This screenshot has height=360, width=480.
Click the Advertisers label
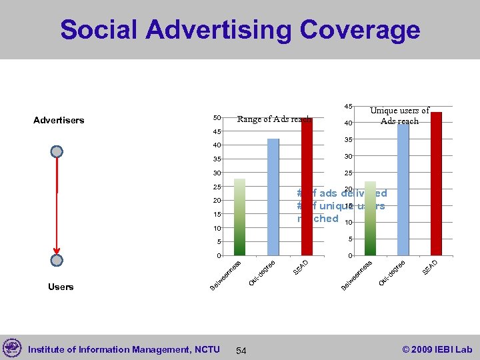[x=59, y=121]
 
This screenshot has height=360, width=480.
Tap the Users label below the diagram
[x=61, y=287]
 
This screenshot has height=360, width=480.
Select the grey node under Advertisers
[x=57, y=151]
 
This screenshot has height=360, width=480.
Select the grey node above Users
[x=57, y=260]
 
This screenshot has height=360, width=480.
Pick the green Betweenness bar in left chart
[x=239, y=217]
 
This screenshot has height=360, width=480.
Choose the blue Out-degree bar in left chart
[x=273, y=197]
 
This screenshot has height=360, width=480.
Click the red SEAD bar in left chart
[x=306, y=187]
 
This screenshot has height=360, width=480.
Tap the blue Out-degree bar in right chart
[x=403, y=189]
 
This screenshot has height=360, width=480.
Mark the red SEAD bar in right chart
[x=436, y=184]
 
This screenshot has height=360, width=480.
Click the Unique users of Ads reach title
[x=399, y=116]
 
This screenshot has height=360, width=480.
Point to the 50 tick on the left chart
[x=217, y=118]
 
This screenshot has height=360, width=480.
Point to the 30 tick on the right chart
[x=348, y=156]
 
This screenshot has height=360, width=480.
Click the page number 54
[x=241, y=351]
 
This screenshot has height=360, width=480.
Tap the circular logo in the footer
[x=12, y=348]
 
